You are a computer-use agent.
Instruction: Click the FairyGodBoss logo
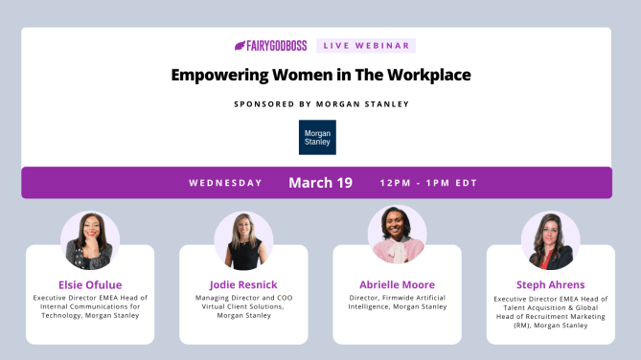[x=271, y=45]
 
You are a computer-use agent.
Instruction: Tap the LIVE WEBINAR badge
[x=365, y=45]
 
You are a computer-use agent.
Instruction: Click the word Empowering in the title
[x=219, y=74]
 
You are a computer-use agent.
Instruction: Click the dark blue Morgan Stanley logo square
[x=317, y=137]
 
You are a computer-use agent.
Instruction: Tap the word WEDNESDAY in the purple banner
[x=225, y=183]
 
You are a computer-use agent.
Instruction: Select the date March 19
[x=320, y=183]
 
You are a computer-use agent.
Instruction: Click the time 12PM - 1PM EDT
[x=428, y=183]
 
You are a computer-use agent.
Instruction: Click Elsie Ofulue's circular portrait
[x=90, y=240]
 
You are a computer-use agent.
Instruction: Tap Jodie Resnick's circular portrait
[x=243, y=240]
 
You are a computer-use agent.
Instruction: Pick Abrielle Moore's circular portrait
[x=397, y=236]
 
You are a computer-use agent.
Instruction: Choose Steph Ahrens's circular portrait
[x=550, y=240]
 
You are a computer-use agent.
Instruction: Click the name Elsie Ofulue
[x=90, y=284]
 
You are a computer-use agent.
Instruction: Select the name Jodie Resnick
[x=243, y=284]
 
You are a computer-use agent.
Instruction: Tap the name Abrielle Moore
[x=397, y=284]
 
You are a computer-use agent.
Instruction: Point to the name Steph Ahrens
[x=550, y=284]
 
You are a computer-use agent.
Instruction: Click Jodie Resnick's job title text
[x=243, y=307]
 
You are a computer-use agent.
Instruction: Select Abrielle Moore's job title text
[x=397, y=303]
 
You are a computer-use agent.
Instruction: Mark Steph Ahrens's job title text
[x=550, y=312]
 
